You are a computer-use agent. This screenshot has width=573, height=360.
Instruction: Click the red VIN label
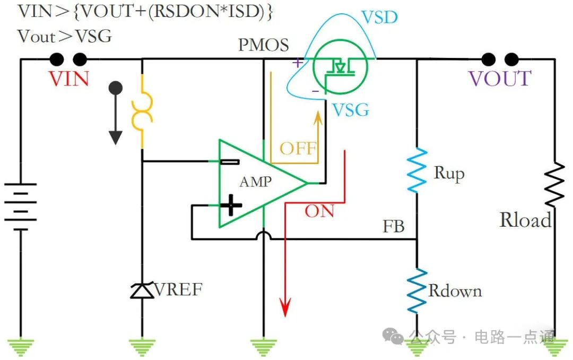[69, 79]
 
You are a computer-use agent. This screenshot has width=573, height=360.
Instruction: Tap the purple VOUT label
[499, 79]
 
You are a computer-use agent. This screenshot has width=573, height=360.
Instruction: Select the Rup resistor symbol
[416, 170]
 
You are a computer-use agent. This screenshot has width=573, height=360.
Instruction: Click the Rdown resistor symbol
[416, 290]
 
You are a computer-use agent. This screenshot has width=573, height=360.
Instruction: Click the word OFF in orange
[298, 148]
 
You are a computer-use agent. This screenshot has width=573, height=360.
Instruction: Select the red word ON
[319, 211]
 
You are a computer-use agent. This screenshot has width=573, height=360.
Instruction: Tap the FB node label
[394, 227]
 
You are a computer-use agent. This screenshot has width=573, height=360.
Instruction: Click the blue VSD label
[379, 18]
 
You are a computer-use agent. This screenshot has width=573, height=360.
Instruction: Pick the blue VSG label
[350, 110]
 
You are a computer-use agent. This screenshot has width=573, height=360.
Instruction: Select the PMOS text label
[264, 45]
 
